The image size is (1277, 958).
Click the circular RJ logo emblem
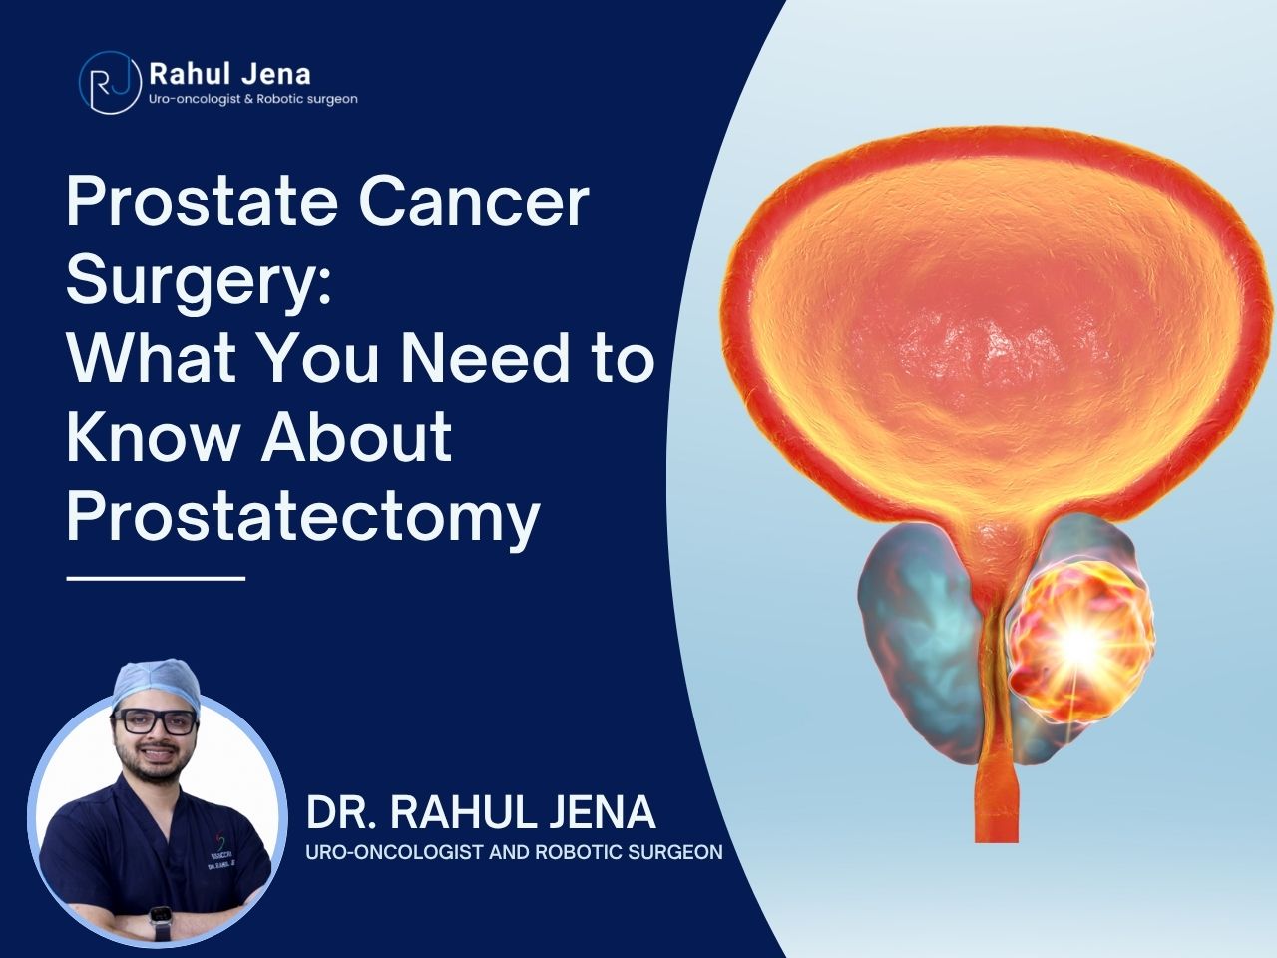[110, 83]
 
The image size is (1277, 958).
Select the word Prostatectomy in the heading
[302, 517]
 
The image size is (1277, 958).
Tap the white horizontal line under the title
[156, 578]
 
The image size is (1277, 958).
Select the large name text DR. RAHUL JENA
[481, 812]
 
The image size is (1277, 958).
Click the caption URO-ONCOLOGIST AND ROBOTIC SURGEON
[514, 852]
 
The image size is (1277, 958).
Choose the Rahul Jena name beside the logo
[229, 74]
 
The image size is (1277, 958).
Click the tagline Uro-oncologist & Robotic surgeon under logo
[253, 99]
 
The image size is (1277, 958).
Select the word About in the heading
[356, 437]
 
